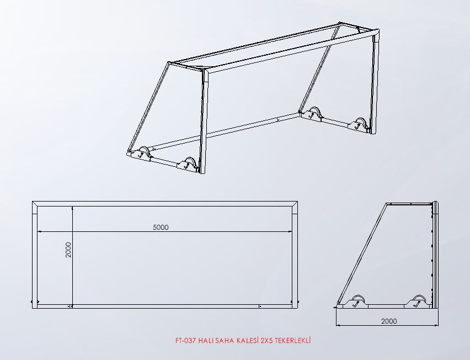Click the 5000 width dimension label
coord(161,227)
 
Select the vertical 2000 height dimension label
coord(68,250)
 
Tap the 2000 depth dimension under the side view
coord(389,321)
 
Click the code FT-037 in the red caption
coord(186,341)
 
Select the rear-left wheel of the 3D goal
coord(143,152)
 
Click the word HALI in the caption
coord(205,341)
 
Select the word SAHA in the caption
coord(224,341)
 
